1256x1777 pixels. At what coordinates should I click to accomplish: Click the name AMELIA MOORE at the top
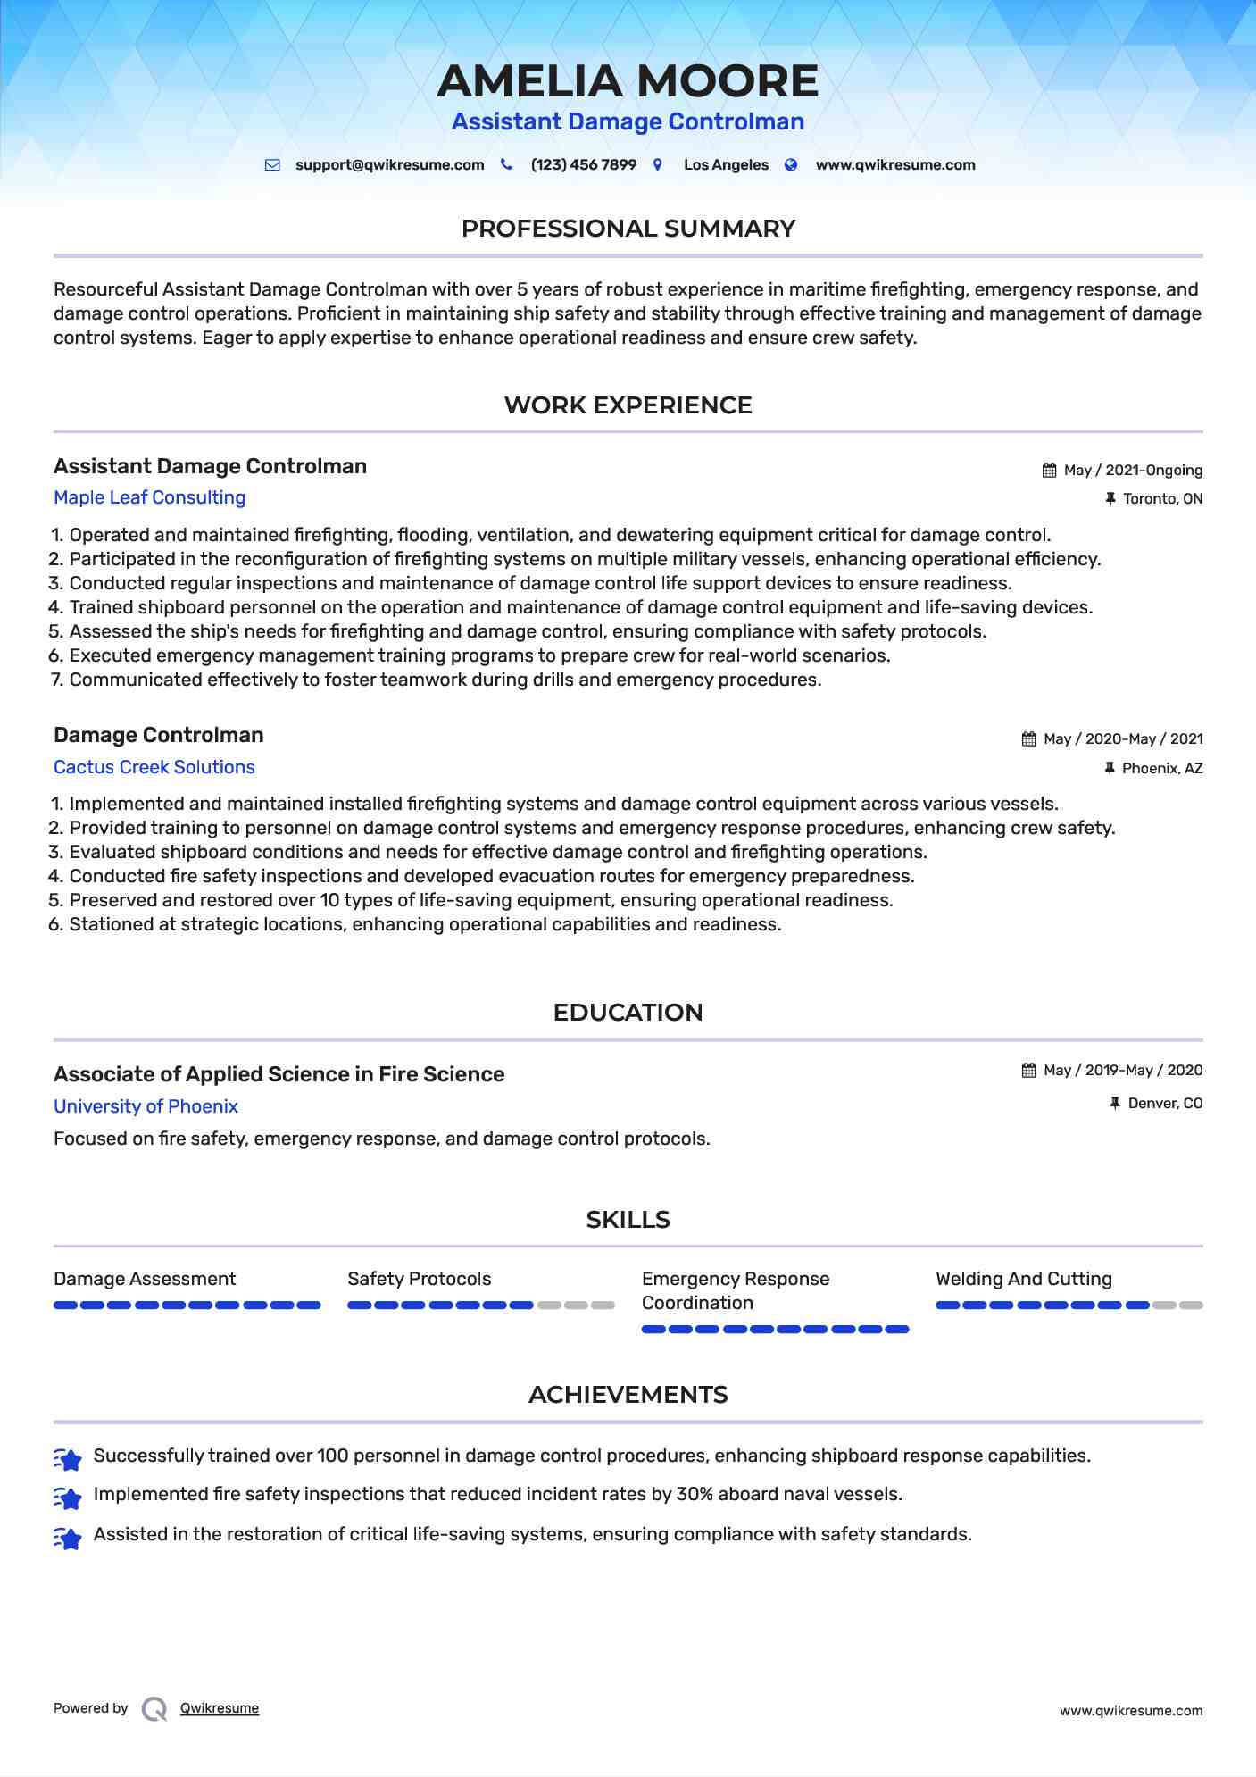628,81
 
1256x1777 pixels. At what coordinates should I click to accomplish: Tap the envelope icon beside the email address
272,165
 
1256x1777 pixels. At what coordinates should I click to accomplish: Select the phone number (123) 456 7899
583,165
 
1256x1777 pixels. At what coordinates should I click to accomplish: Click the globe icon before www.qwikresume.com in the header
791,165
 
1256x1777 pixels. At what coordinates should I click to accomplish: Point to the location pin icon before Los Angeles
658,165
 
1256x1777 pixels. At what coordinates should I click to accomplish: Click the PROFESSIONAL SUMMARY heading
628,229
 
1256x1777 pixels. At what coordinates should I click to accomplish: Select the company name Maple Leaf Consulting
149,497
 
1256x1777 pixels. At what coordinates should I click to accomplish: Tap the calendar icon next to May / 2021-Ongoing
1050,471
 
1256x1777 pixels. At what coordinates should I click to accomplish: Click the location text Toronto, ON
1162,499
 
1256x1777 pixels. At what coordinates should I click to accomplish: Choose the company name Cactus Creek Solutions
154,767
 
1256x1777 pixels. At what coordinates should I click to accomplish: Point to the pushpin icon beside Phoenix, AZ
1110,768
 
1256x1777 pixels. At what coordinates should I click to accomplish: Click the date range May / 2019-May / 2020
1122,1070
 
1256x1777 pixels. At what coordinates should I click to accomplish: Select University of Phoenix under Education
146,1106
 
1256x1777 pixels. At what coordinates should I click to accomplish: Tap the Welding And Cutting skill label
1023,1279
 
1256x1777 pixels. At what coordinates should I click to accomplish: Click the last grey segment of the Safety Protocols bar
603,1306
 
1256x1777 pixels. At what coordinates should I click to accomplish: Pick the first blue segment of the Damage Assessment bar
65,1306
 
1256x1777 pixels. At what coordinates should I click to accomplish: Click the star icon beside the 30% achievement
68,1497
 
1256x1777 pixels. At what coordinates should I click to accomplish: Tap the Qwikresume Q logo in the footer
154,1709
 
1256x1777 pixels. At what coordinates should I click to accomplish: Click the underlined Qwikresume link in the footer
219,1708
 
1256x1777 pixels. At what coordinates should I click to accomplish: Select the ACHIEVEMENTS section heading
628,1395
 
